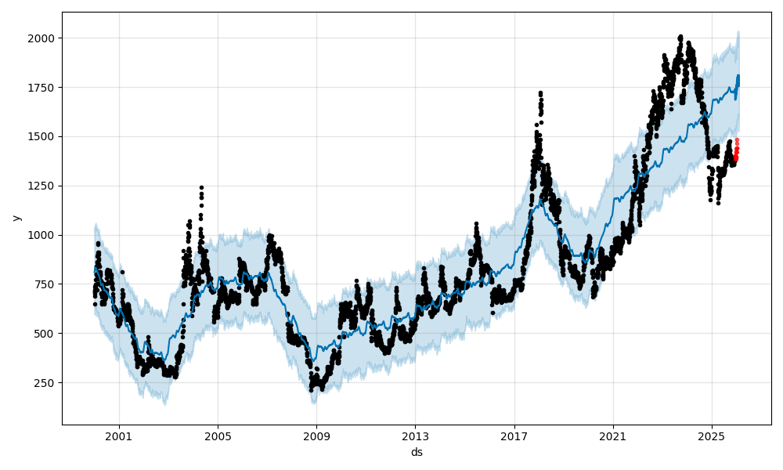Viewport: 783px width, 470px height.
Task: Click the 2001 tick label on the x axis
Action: tap(119, 435)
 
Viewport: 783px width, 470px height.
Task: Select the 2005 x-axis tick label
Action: tap(218, 435)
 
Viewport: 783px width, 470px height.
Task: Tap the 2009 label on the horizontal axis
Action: tap(316, 435)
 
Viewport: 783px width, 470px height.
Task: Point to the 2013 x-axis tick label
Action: tap(415, 435)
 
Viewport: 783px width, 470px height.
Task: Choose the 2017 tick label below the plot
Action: tap(514, 435)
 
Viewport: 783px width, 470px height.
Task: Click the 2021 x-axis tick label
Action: tap(613, 435)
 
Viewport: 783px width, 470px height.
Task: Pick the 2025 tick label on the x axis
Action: tap(712, 435)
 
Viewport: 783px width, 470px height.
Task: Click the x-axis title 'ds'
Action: tap(417, 452)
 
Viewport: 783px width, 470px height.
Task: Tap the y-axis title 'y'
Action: tap(16, 218)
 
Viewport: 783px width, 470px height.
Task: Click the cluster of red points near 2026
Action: tap(736, 150)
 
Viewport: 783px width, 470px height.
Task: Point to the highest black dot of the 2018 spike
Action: tap(540, 92)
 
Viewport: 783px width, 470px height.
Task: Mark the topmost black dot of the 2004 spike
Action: tap(201, 187)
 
